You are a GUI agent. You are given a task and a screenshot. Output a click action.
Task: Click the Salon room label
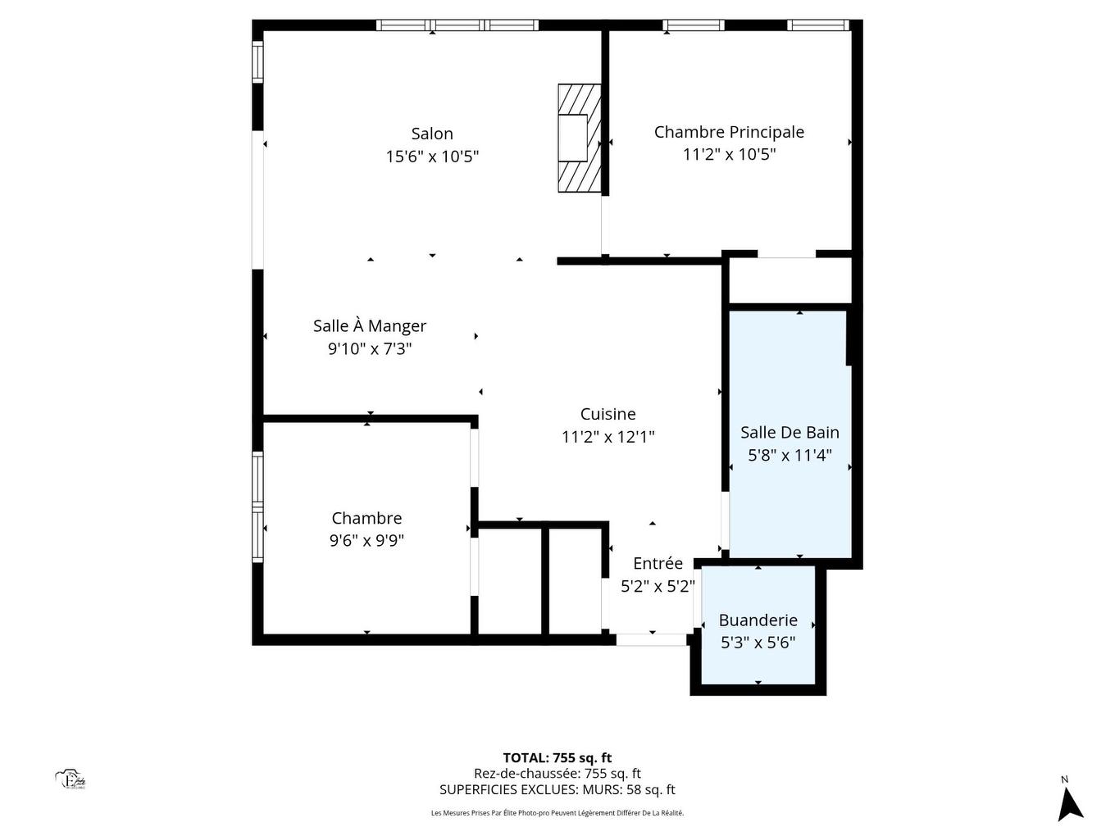point(432,134)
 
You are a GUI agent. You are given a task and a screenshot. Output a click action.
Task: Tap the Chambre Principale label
point(729,132)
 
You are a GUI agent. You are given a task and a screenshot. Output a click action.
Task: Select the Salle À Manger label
point(370,326)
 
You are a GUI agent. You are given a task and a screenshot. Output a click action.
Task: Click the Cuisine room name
point(608,415)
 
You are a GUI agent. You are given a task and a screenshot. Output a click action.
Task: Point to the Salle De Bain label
point(790,433)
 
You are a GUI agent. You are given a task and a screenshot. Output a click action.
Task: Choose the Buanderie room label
point(758,620)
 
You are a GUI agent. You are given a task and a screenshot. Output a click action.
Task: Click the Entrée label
point(658,564)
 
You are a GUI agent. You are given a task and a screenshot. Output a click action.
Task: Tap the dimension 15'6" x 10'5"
point(432,157)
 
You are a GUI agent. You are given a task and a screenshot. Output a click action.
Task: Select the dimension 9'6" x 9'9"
point(366,541)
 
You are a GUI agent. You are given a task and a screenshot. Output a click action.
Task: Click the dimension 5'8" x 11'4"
point(790,456)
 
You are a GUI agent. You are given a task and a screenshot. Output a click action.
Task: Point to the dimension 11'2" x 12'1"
point(608,438)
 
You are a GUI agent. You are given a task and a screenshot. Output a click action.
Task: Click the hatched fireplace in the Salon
point(579,138)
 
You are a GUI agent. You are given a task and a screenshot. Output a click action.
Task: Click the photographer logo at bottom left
point(71,779)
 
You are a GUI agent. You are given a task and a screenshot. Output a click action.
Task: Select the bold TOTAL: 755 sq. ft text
point(557,758)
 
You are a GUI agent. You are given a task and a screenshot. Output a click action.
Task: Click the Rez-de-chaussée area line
point(557,774)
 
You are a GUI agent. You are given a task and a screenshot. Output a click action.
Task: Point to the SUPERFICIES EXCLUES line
point(557,790)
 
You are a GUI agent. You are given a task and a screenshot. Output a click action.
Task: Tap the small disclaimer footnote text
point(557,813)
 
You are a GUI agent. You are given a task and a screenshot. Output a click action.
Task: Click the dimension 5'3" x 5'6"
point(758,643)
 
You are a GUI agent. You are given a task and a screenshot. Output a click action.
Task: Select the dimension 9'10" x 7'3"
point(370,349)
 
